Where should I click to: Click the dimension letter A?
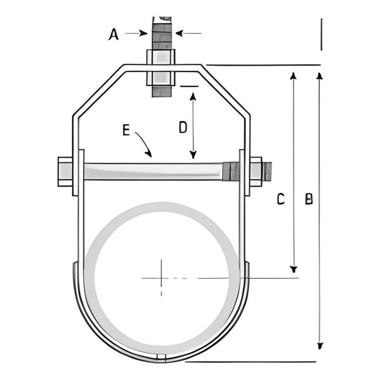point(114,35)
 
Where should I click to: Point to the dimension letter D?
point(183,127)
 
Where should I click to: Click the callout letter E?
point(126,130)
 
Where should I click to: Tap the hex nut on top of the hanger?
point(161,57)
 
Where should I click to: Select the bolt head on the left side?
point(65,171)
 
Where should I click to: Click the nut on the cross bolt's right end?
point(256,171)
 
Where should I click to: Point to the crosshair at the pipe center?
point(161,278)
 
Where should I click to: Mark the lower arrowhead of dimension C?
point(294,268)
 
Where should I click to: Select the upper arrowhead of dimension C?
point(294,75)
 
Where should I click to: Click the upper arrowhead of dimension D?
point(193,96)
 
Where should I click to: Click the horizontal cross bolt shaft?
point(154,171)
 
